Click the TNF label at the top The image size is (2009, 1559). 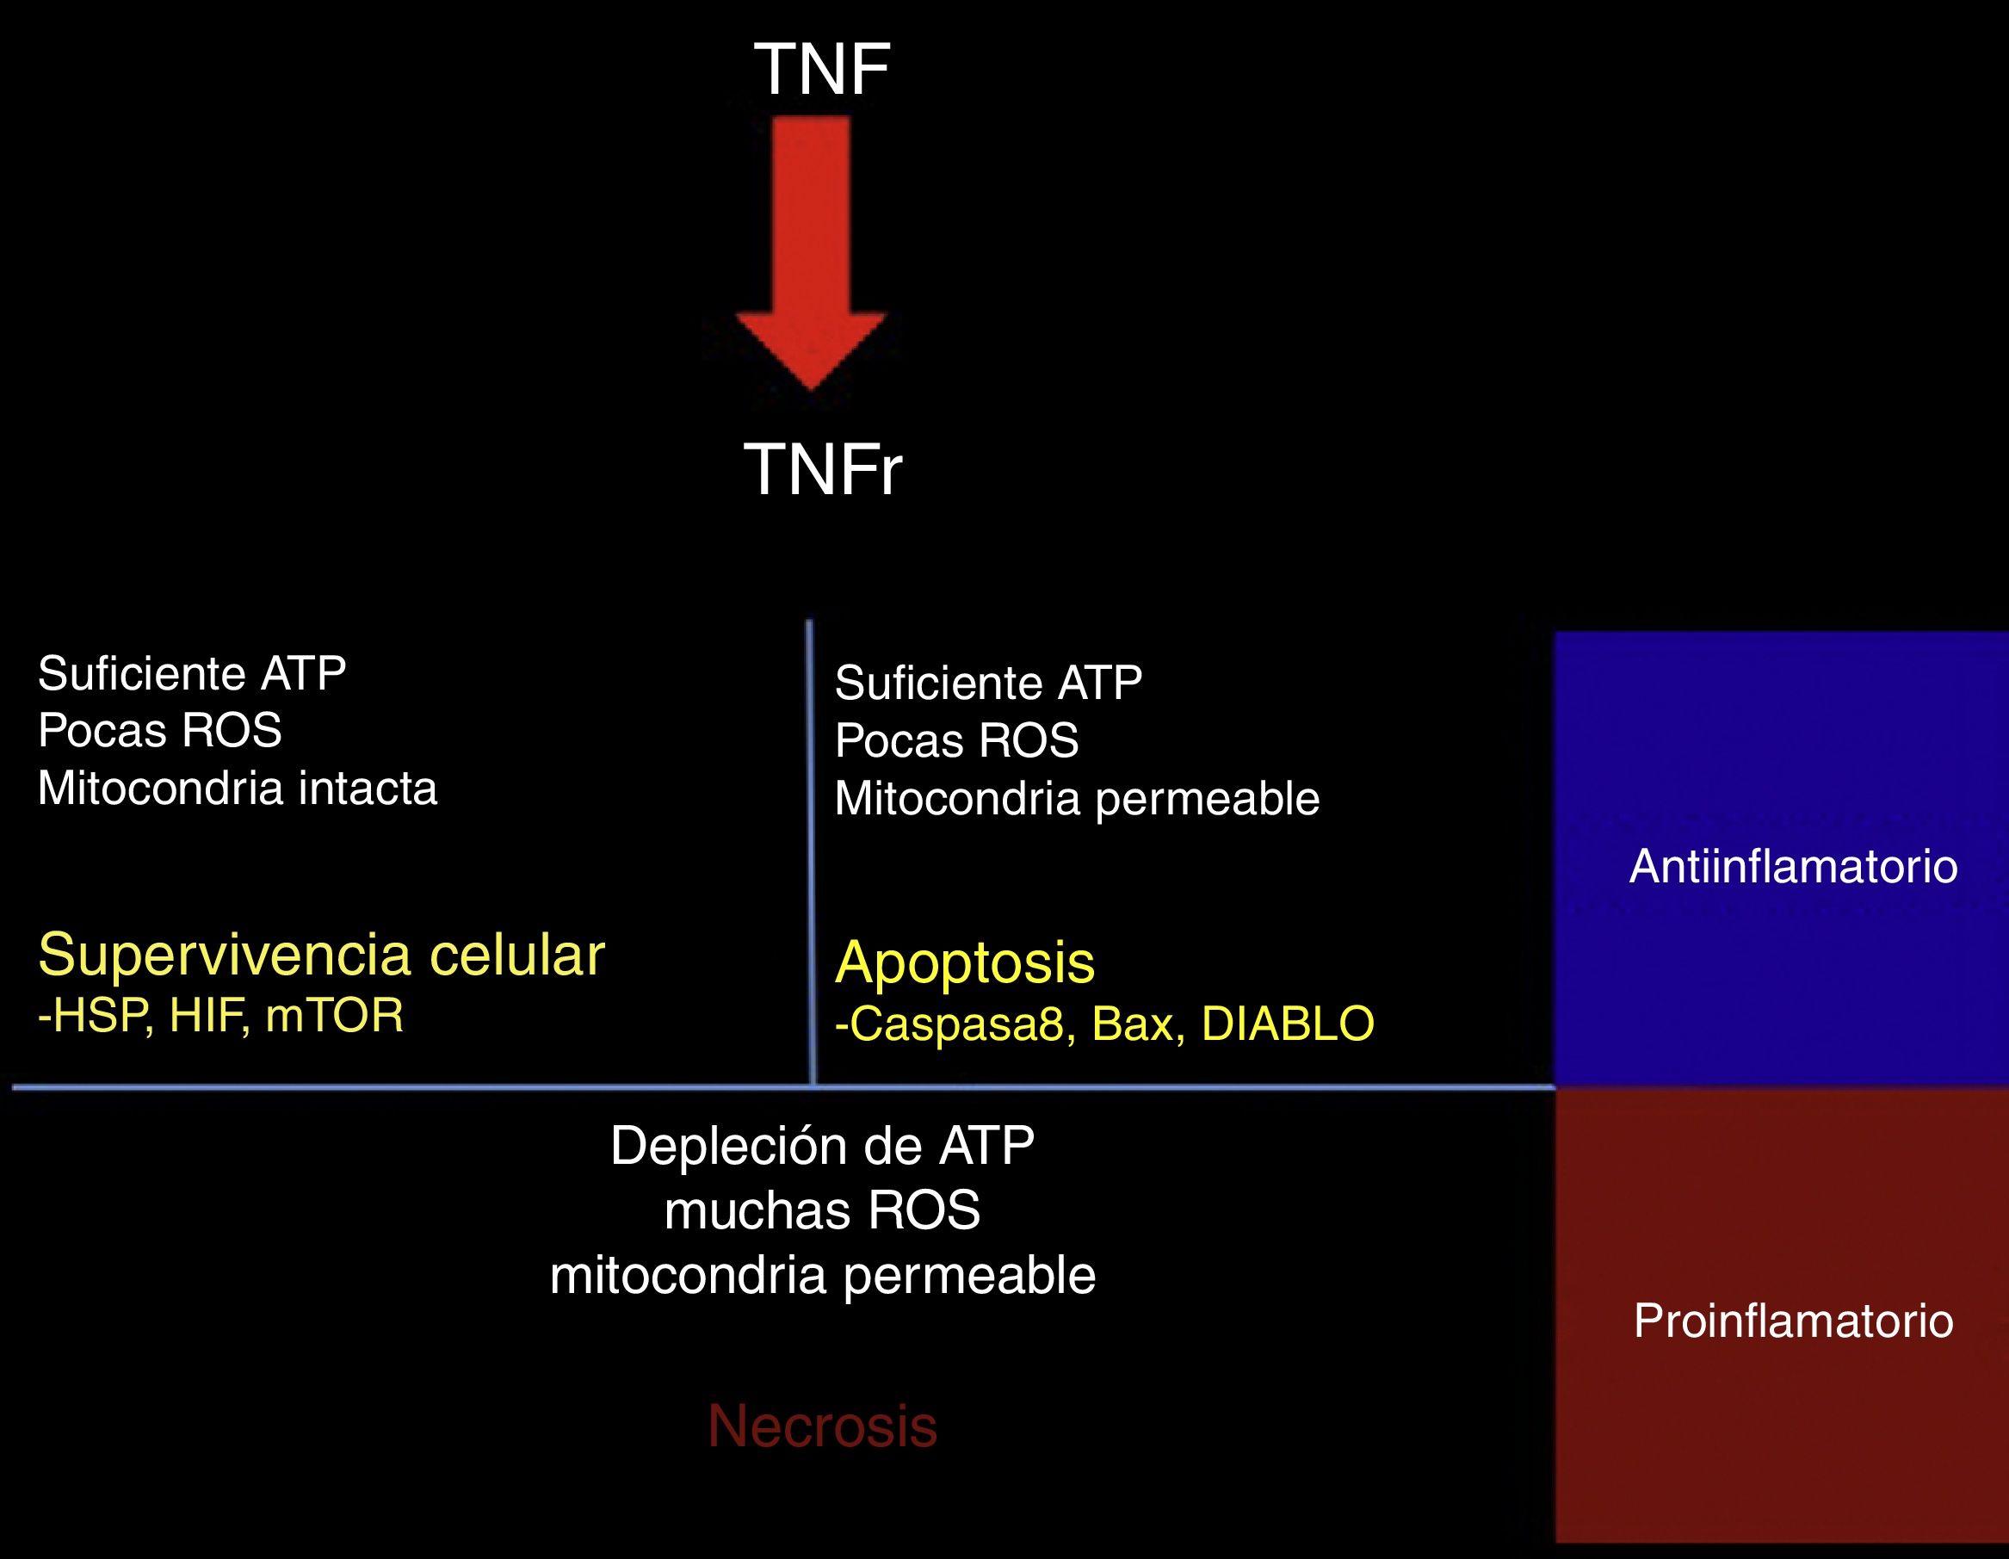[x=821, y=69]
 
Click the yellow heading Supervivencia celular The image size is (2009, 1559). [x=321, y=954]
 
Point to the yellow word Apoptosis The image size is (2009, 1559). [x=965, y=962]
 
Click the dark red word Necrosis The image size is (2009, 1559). [x=822, y=1426]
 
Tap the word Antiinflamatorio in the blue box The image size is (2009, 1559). [x=1793, y=866]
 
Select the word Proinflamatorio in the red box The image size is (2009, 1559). [x=1793, y=1321]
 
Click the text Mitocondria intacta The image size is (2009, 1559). [x=238, y=789]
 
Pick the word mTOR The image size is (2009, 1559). [x=335, y=1017]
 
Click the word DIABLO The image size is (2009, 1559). [x=1288, y=1024]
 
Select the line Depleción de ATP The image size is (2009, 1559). [x=822, y=1146]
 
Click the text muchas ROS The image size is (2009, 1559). [x=822, y=1210]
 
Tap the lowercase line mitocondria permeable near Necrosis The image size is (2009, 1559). [x=822, y=1276]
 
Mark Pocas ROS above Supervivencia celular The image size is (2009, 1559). [x=160, y=731]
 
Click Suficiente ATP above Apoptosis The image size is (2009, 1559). [x=988, y=684]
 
